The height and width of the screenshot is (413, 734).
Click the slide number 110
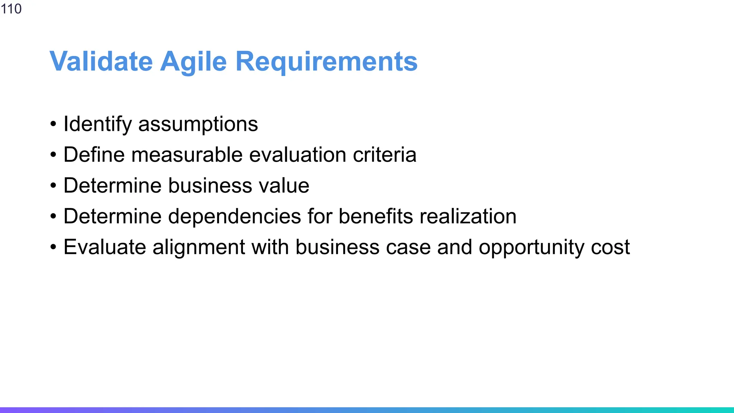pos(11,9)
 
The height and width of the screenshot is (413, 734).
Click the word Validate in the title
pos(101,61)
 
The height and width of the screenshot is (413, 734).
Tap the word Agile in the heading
pos(194,61)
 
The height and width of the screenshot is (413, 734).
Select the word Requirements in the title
pos(326,61)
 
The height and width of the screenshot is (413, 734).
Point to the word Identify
pos(97,124)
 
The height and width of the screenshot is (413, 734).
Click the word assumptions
pos(198,124)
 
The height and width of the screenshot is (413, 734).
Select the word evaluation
pos(298,155)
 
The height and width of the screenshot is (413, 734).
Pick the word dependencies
pos(234,217)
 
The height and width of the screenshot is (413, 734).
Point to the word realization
pos(468,217)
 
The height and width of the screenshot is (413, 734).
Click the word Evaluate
pos(105,247)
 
